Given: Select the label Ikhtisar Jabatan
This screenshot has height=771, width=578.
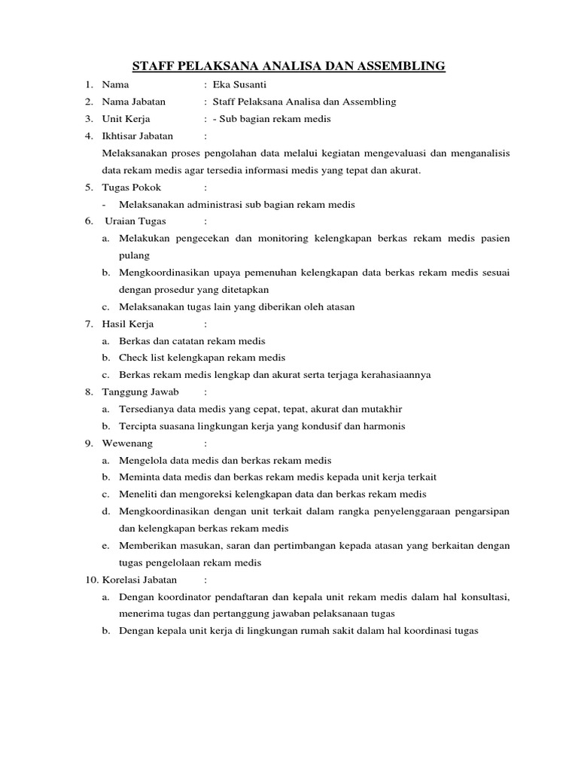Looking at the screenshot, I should point(137,136).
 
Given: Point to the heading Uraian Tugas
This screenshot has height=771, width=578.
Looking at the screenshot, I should point(135,221).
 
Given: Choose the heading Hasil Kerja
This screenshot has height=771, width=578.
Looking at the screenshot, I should point(128,324).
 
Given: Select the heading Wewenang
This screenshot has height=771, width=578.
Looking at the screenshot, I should point(126,443).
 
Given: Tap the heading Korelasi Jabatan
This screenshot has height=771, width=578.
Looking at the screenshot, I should point(139,580).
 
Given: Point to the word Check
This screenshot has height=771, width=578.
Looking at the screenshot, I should point(132,358).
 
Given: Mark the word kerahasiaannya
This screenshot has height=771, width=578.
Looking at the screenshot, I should point(393,375).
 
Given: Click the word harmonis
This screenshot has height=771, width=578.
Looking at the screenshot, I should point(382,426).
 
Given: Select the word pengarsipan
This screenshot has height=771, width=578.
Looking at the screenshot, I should point(479,511).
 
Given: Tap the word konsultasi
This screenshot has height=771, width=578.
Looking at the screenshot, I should point(482,597).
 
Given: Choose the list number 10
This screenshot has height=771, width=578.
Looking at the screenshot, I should point(90,580).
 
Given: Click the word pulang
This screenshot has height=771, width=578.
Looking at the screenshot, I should point(135,255).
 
